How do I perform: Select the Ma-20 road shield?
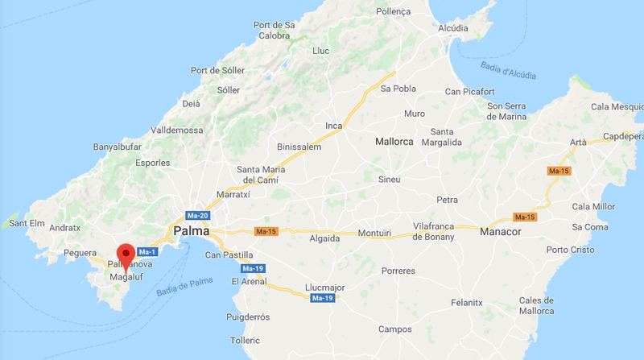click(197, 216)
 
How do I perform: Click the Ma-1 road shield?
click(147, 251)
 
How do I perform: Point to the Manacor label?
click(500, 232)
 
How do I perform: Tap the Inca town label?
click(333, 126)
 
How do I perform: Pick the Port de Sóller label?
click(217, 70)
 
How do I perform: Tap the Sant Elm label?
click(27, 223)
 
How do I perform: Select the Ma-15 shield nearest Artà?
click(558, 171)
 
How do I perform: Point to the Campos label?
click(394, 329)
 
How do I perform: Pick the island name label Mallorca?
click(394, 142)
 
